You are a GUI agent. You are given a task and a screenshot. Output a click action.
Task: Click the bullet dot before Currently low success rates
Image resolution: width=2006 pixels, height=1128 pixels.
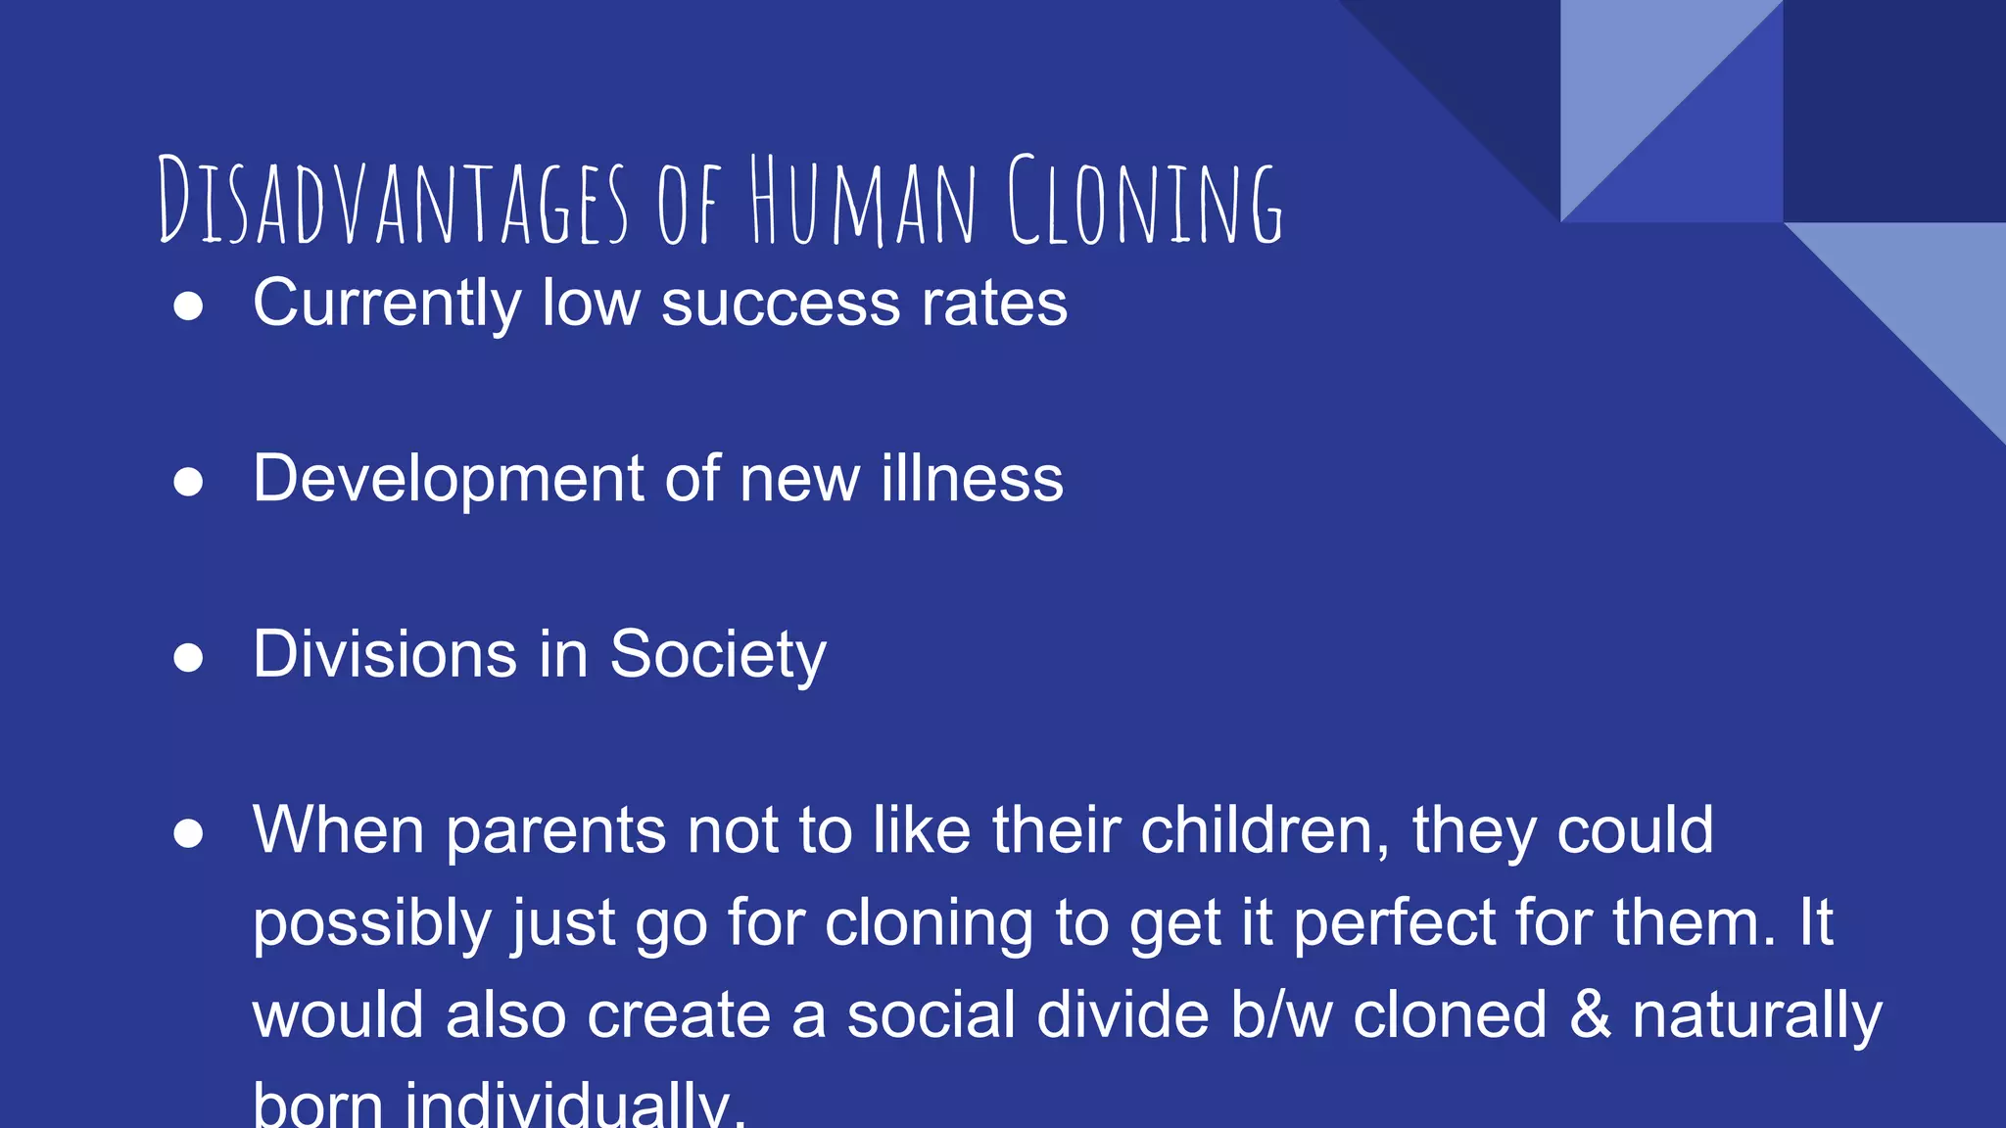point(188,305)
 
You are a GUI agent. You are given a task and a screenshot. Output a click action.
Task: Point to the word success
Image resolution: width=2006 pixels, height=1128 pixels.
point(780,304)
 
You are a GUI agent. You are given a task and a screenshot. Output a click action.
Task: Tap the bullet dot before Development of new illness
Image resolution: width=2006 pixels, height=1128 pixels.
point(188,482)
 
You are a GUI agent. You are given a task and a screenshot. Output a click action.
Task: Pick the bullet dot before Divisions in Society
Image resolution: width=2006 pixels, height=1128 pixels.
point(188,657)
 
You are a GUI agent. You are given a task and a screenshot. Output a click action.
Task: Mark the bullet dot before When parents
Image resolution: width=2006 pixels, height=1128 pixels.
point(188,833)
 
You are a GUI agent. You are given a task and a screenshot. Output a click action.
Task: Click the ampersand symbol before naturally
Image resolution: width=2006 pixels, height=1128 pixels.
point(1590,1014)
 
